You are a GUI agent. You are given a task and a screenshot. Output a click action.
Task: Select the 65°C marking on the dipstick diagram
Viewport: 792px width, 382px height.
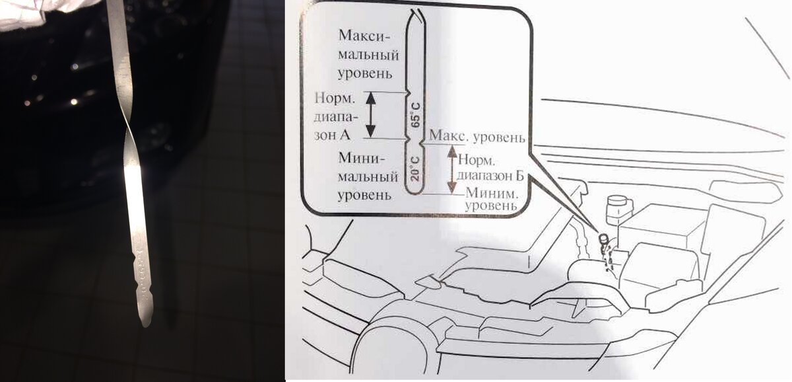pyautogui.click(x=415, y=113)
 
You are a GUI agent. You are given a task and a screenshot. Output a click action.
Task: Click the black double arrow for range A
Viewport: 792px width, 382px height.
pyautogui.click(x=370, y=114)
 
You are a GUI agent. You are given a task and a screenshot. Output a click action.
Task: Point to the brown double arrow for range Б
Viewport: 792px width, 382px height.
pyautogui.click(x=452, y=169)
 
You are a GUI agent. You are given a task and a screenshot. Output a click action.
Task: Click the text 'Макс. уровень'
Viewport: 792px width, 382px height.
pyautogui.click(x=477, y=137)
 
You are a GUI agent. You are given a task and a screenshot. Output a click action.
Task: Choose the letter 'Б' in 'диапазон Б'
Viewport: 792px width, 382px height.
pyautogui.click(x=520, y=176)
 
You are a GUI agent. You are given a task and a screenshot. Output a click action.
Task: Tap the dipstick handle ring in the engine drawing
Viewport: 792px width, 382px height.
pyautogui.click(x=602, y=238)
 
